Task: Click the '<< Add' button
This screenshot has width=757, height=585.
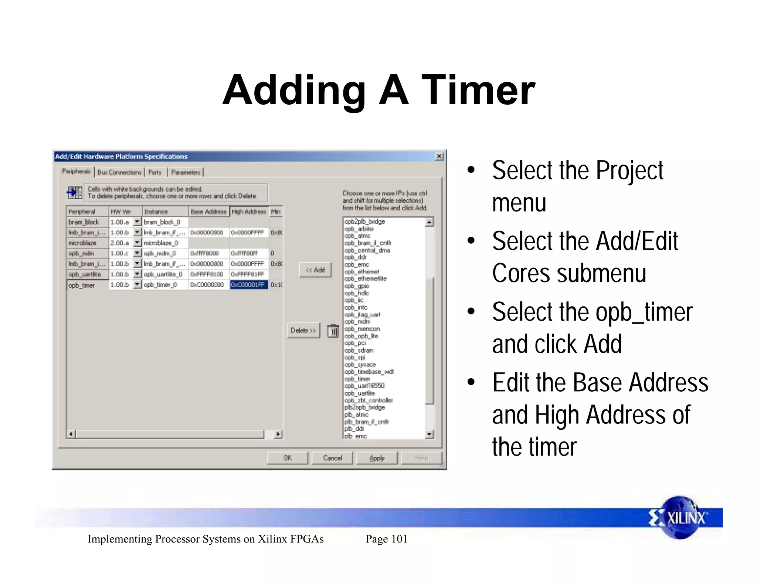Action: (x=315, y=270)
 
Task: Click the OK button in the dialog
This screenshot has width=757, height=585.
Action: (x=288, y=458)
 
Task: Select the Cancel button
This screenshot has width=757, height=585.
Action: (x=332, y=458)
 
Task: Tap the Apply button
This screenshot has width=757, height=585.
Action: (x=377, y=458)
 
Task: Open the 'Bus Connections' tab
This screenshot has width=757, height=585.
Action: (x=119, y=173)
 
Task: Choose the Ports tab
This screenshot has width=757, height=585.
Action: (x=155, y=173)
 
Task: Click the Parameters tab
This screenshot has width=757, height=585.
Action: (x=186, y=173)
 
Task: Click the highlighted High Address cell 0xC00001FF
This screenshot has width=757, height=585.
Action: (x=248, y=285)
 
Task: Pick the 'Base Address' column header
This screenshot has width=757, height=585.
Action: (x=208, y=212)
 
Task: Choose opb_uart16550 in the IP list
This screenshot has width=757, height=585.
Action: (x=364, y=386)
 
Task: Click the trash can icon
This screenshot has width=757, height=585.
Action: (x=333, y=331)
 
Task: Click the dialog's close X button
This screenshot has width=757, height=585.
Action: (x=439, y=156)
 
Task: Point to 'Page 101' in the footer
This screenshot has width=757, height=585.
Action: (x=386, y=539)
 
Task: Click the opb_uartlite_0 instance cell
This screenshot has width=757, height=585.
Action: (x=163, y=274)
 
